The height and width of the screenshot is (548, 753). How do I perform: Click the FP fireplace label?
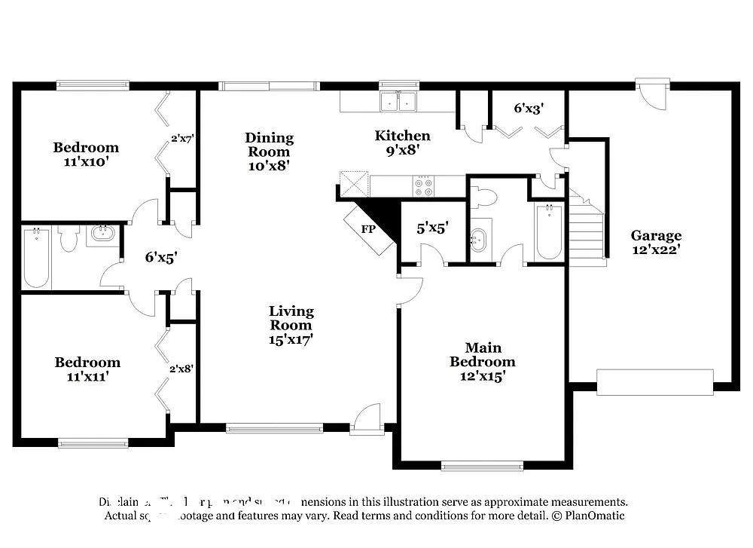pyautogui.click(x=369, y=229)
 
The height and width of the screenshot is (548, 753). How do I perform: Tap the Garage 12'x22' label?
pyautogui.click(x=656, y=242)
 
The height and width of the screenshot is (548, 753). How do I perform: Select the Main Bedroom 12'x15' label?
pyautogui.click(x=483, y=361)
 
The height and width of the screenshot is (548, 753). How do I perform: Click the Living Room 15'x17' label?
pyautogui.click(x=291, y=325)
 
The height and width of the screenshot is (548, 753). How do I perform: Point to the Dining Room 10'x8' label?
pyautogui.click(x=269, y=151)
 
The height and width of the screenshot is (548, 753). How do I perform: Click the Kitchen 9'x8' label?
pyautogui.click(x=403, y=142)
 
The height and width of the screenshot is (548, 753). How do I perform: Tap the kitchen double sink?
pyautogui.click(x=399, y=101)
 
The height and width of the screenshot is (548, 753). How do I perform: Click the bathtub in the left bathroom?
pyautogui.click(x=36, y=259)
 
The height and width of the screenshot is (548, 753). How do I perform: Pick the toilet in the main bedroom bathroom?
pyautogui.click(x=483, y=197)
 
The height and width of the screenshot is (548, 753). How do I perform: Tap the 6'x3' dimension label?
pyautogui.click(x=529, y=109)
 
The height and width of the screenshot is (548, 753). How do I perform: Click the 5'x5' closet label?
pyautogui.click(x=432, y=228)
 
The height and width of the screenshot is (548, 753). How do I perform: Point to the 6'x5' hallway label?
pyautogui.click(x=160, y=257)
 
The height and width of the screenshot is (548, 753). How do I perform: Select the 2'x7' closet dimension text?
pyautogui.click(x=182, y=139)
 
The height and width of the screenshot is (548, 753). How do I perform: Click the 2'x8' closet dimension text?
pyautogui.click(x=181, y=369)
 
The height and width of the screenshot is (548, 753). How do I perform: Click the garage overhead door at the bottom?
pyautogui.click(x=654, y=382)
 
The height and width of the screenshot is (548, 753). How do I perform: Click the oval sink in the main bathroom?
pyautogui.click(x=479, y=240)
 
